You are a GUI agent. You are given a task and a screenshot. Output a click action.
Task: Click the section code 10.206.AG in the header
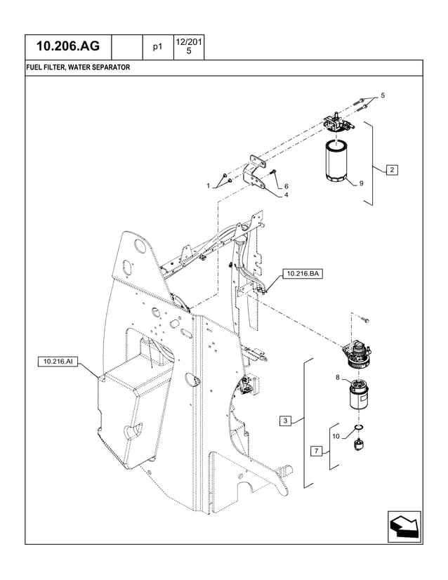[68, 47]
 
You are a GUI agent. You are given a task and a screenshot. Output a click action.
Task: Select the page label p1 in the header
[158, 47]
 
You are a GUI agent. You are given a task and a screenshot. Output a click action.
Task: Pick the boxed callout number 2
[392, 169]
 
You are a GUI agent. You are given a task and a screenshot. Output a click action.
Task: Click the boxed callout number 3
[285, 421]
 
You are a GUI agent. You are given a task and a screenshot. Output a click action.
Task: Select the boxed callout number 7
[317, 451]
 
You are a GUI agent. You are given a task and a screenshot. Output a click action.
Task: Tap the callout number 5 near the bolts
[383, 95]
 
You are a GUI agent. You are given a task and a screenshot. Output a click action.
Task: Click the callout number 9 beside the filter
[361, 183]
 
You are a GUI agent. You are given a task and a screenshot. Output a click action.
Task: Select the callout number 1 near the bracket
[209, 185]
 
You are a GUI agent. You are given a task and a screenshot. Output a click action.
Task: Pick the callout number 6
[286, 186]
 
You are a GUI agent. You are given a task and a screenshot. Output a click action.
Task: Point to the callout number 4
[286, 195]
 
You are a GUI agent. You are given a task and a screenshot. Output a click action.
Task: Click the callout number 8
[337, 378]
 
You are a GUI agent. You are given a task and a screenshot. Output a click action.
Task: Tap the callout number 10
[336, 436]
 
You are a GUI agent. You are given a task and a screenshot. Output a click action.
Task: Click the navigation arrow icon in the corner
[404, 526]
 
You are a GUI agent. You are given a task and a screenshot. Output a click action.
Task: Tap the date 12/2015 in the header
[188, 46]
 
